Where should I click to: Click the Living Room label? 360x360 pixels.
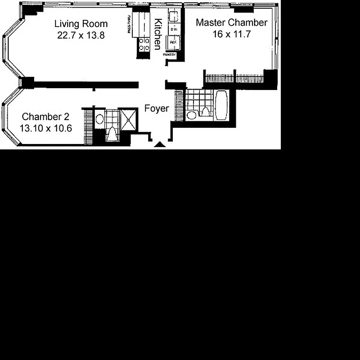click(x=81, y=24)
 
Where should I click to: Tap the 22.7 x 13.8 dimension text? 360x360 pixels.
click(x=81, y=35)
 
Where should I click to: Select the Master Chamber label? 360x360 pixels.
click(x=232, y=23)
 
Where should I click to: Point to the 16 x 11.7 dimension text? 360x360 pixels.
click(x=232, y=34)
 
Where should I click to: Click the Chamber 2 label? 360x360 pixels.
click(x=45, y=117)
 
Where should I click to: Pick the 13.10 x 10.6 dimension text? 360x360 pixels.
click(x=45, y=128)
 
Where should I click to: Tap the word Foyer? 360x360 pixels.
click(x=157, y=108)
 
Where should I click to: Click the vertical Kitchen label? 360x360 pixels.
click(x=158, y=34)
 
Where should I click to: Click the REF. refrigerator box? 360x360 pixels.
click(x=173, y=43)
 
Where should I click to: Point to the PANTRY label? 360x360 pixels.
click(x=170, y=55)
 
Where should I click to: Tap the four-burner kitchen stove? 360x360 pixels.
click(x=144, y=44)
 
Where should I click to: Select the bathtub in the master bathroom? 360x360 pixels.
click(x=222, y=105)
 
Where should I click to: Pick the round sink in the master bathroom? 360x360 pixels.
click(x=192, y=115)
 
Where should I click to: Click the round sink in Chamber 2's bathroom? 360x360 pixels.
click(x=100, y=119)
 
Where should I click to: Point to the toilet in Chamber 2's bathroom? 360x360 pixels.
click(x=111, y=134)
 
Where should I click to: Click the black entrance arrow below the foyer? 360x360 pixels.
click(x=159, y=144)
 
